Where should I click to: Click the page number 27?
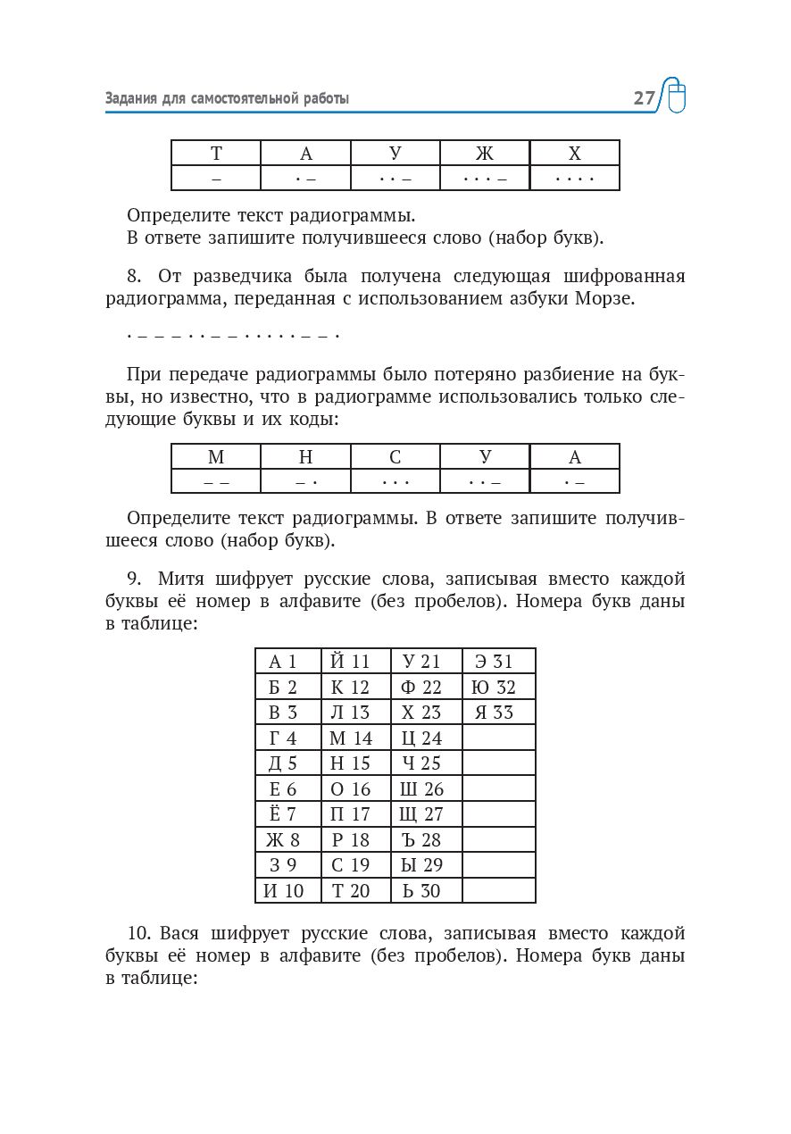coord(644,98)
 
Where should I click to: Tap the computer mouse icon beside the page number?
coord(677,96)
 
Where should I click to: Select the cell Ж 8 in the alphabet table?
coord(287,839)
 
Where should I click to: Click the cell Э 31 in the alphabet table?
coord(498,662)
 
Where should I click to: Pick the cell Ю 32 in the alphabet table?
coord(498,687)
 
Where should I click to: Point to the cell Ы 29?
coord(426,864)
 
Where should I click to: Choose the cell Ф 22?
coord(426,687)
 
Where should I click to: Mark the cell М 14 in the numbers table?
coord(355,738)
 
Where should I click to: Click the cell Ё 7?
coord(287,813)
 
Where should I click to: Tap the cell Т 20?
coord(355,890)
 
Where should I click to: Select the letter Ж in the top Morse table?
coord(485,154)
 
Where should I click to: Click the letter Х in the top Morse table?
coord(574,154)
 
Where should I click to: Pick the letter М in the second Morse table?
coord(216,457)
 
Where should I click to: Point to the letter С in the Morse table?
coord(395,457)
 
